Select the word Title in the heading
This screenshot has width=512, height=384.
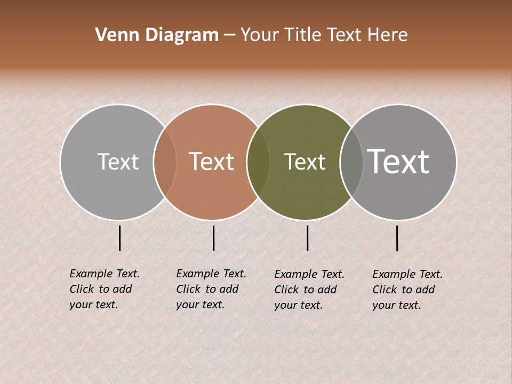pos(304,35)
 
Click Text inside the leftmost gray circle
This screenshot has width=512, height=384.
pos(118,162)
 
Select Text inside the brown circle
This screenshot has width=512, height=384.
pos(212,162)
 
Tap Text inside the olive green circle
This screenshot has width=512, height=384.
pos(305,162)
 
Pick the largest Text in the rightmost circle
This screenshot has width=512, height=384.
pos(398,161)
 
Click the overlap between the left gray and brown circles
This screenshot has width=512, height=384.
pos(165,162)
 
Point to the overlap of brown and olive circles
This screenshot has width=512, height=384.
pos(258,162)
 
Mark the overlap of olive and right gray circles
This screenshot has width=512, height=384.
pos(351,162)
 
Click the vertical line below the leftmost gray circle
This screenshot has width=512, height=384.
pos(120,238)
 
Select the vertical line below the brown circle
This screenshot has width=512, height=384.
pos(213,238)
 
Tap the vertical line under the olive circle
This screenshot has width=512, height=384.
pos(307,238)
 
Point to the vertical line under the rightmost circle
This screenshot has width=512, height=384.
pos(397,238)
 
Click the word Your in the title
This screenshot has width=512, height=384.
pos(260,35)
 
